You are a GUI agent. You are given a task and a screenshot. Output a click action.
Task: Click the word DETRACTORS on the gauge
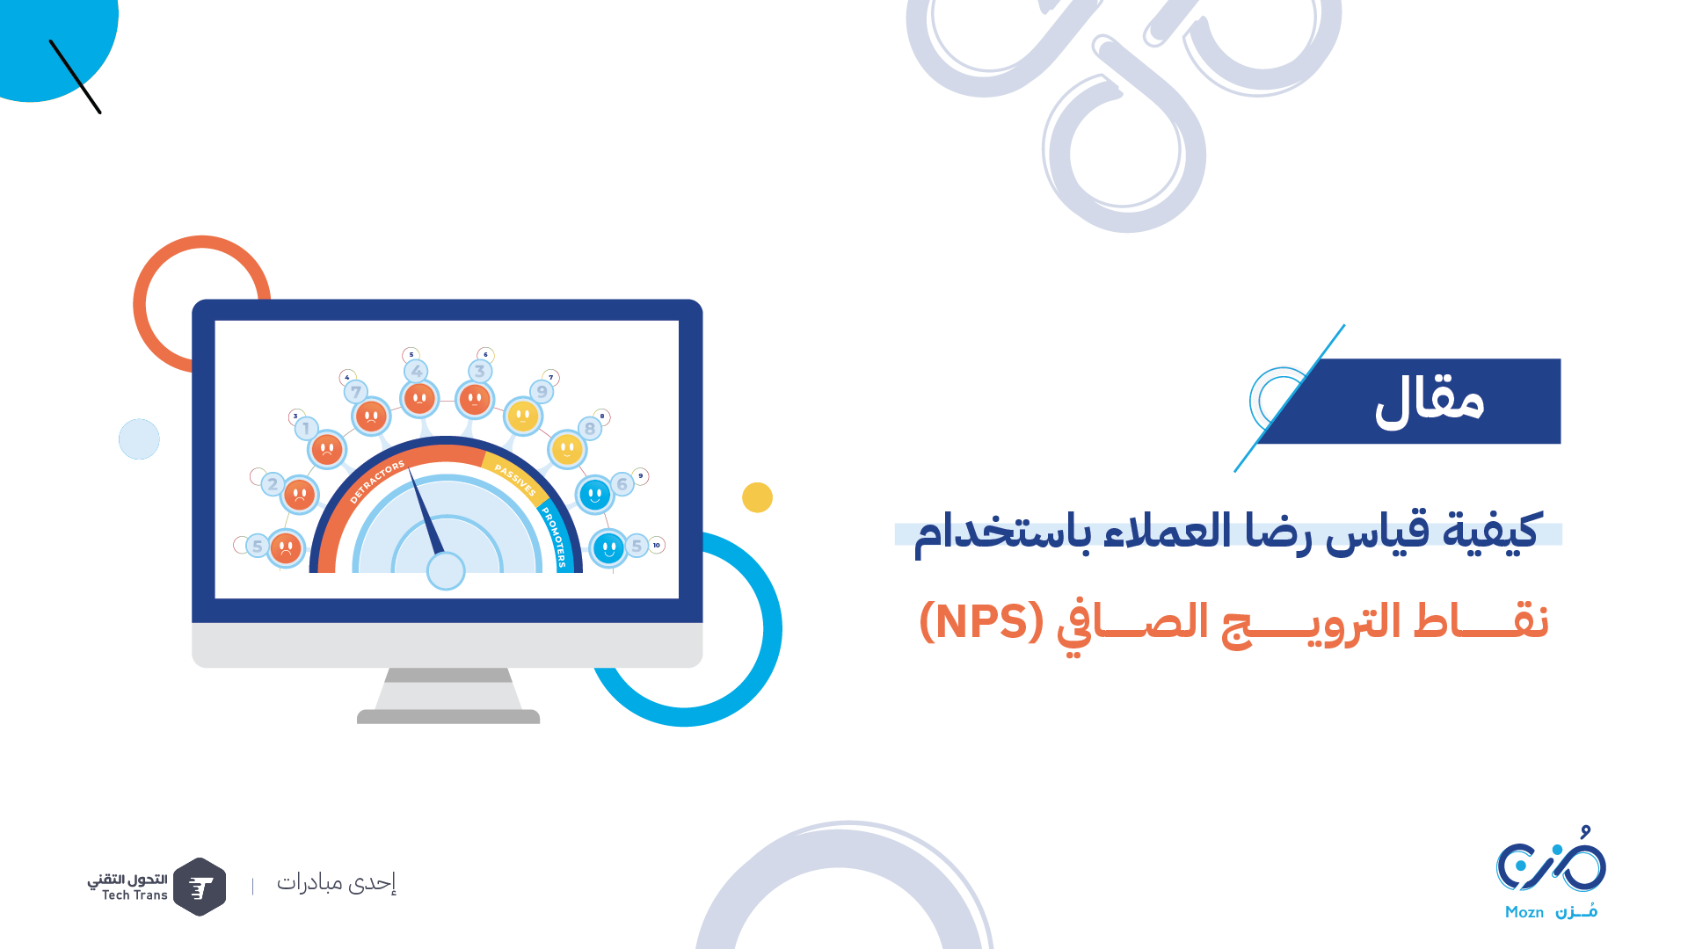377,482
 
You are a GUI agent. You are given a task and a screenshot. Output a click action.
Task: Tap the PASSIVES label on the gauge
515,480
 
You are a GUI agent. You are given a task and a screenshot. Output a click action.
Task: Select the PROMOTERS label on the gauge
554,537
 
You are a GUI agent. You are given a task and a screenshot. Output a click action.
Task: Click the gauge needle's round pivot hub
446,571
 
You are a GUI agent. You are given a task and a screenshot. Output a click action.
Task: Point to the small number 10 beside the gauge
656,545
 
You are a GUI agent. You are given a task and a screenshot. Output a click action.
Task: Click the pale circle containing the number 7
356,392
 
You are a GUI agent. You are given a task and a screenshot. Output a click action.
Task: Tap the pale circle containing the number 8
590,429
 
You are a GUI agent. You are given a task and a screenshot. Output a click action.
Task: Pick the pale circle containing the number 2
273,483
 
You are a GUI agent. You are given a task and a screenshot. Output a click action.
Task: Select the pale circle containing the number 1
306,429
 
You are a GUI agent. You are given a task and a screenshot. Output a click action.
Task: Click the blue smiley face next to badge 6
595,495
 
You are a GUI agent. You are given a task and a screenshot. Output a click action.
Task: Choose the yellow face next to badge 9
523,416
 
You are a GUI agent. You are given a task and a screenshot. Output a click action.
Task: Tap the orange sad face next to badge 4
419,399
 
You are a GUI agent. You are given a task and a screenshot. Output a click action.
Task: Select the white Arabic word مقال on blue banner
1430,401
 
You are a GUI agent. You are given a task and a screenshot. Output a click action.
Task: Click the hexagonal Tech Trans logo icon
200,887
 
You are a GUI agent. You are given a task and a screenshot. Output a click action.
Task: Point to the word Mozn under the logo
1524,912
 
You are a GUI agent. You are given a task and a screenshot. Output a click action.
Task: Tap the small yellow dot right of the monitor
757,497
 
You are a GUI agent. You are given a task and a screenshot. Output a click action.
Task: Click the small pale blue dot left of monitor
139,438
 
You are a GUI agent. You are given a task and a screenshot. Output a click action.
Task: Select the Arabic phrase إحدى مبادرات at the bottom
337,882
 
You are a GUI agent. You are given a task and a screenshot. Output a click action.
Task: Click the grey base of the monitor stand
448,717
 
